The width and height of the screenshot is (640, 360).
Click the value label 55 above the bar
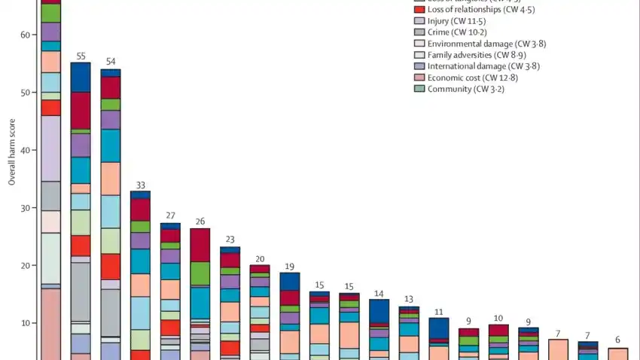tap(81, 56)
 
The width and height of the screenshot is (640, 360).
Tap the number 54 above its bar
tap(111, 62)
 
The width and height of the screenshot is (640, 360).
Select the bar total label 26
tap(200, 221)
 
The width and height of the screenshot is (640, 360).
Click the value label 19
tap(289, 266)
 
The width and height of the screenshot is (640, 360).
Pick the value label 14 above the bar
tap(379, 293)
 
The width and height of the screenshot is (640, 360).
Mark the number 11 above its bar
tap(438, 311)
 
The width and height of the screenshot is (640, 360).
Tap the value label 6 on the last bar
tap(617, 339)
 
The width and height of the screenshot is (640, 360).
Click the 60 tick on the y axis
tap(25, 35)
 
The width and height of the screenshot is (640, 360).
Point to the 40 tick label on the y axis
tap(25, 150)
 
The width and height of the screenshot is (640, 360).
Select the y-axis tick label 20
tap(25, 265)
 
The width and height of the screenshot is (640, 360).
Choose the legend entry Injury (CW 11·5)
tap(455, 20)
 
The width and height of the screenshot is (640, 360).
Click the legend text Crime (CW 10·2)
tap(456, 32)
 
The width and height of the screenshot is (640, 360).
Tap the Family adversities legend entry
tap(472, 54)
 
